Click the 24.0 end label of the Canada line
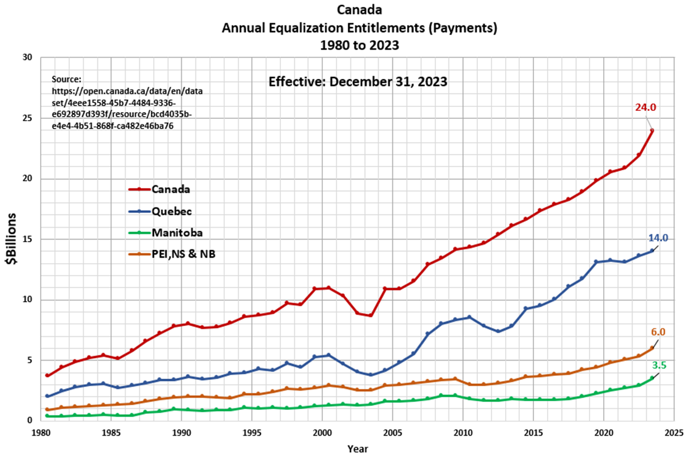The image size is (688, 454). [644, 108]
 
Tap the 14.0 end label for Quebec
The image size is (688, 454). [658, 238]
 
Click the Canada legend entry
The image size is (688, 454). [170, 189]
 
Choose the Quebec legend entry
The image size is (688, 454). [172, 211]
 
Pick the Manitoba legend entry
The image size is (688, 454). [177, 233]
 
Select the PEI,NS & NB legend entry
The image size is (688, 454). [183, 254]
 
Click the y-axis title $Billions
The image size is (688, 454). [12, 239]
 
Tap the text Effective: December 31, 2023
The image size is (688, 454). [358, 82]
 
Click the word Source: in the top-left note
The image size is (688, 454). [67, 79]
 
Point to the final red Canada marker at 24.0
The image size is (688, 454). [652, 130]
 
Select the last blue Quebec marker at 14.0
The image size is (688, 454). [652, 251]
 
